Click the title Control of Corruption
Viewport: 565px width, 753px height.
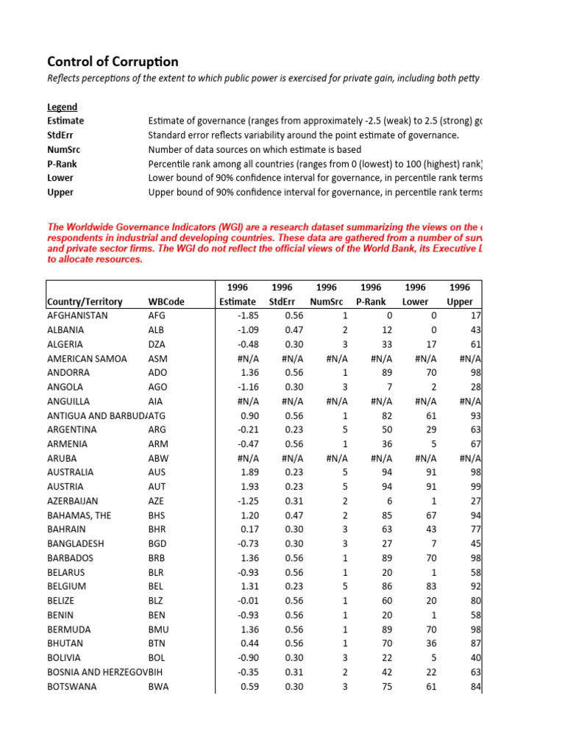[113, 62]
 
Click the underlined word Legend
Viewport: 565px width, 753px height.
[62, 107]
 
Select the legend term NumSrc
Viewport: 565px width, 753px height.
[63, 149]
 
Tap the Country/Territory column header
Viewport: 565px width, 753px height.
[85, 301]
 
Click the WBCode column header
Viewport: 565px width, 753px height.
[166, 301]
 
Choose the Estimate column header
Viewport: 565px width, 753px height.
[238, 301]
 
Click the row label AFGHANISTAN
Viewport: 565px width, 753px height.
[77, 315]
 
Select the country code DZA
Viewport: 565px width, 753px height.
[157, 344]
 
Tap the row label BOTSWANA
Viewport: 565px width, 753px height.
[71, 687]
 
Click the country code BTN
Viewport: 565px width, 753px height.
[157, 644]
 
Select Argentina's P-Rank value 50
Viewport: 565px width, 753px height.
[375, 429]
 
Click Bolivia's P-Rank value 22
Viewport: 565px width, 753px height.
[375, 658]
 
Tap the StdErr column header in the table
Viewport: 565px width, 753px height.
[282, 301]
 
